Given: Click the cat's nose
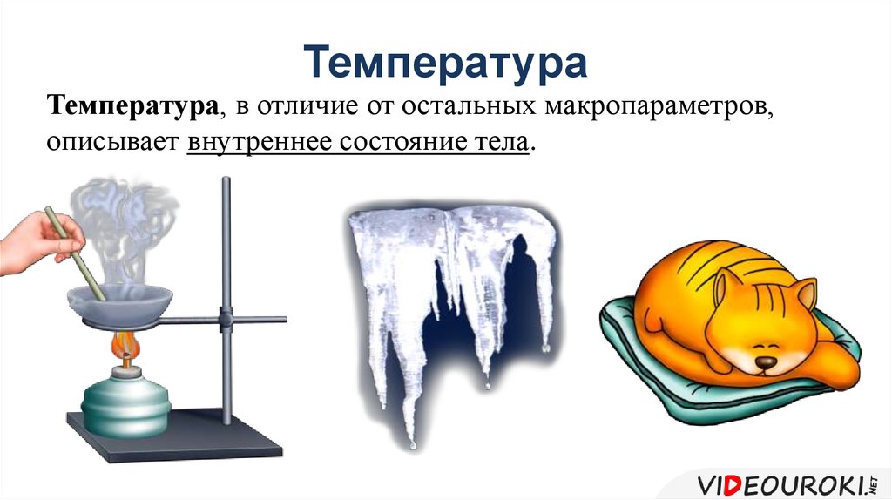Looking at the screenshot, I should click(x=764, y=361).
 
